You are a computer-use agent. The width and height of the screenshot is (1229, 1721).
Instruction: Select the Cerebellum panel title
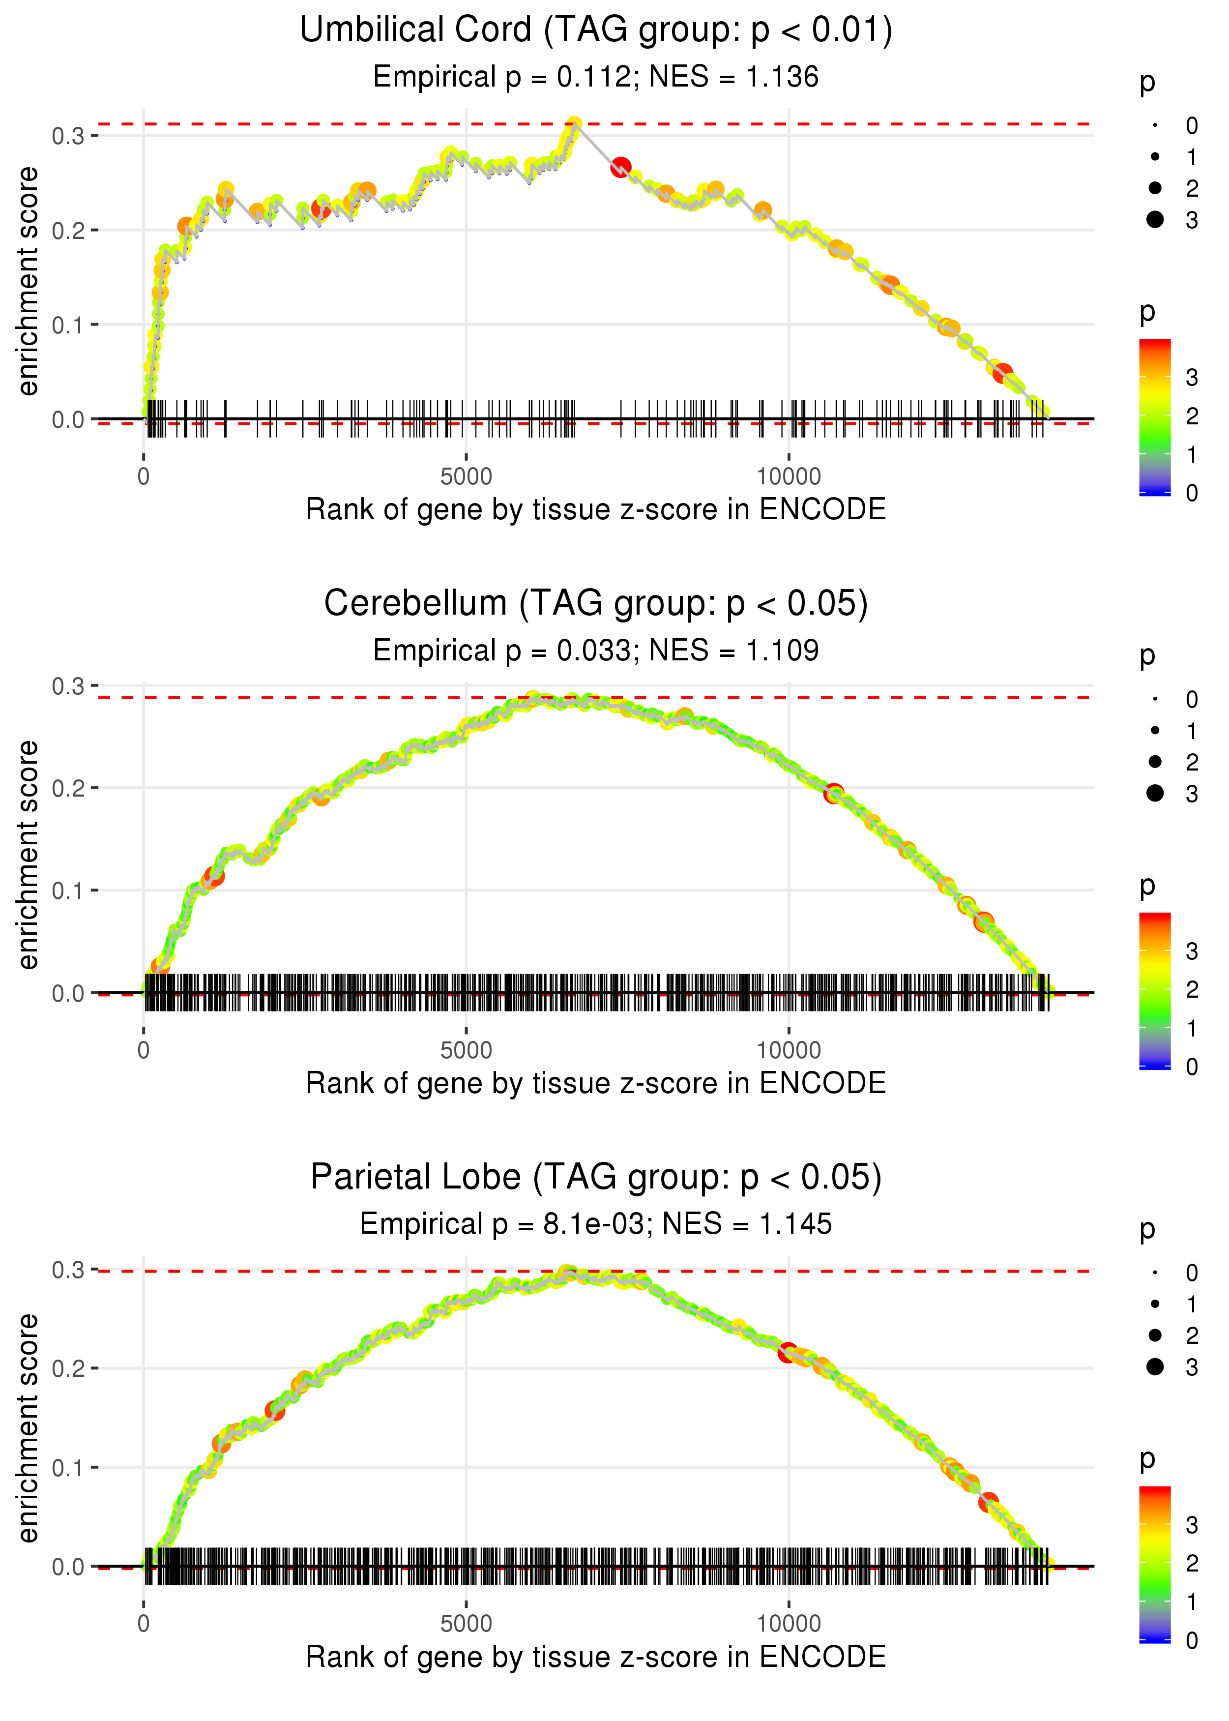(596, 604)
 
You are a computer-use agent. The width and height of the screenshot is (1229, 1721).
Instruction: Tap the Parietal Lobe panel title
(596, 1178)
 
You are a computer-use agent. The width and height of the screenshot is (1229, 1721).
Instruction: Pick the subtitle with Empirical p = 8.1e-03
(596, 1224)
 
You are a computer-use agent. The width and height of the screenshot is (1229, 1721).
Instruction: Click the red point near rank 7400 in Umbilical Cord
(620, 167)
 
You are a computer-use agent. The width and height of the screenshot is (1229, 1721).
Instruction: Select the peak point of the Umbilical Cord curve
(574, 124)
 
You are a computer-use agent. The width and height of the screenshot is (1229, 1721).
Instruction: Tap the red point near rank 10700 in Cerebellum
(833, 793)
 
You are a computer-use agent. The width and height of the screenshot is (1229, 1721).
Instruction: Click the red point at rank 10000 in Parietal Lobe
(788, 1352)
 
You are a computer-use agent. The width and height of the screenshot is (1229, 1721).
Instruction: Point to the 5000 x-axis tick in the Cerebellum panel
(466, 1050)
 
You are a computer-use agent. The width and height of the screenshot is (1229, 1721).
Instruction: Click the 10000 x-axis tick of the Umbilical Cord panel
(789, 477)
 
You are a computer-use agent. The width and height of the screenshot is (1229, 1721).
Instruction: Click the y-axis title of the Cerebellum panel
(28, 855)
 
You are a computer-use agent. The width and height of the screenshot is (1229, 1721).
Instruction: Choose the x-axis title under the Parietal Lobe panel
(596, 1657)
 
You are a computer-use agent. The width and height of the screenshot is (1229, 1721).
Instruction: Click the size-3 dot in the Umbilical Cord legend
(1155, 219)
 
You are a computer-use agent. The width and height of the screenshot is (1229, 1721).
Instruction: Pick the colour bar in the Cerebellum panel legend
(1155, 990)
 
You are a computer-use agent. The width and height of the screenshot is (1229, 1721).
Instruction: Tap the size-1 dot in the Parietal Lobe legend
(1155, 1304)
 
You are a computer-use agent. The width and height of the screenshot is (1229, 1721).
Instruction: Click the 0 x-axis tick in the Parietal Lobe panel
(144, 1623)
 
